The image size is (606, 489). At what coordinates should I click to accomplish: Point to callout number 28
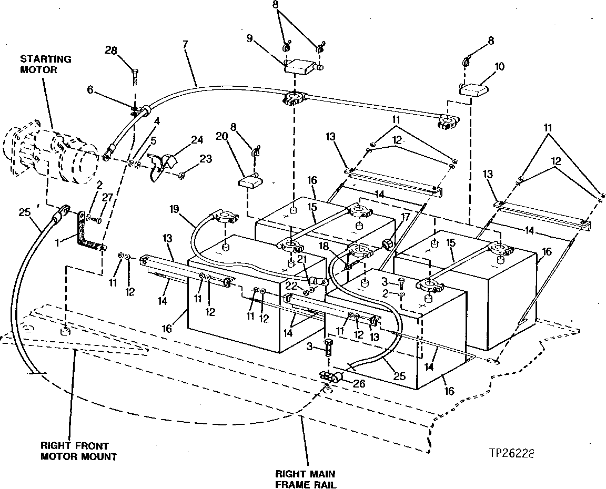[110, 50]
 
